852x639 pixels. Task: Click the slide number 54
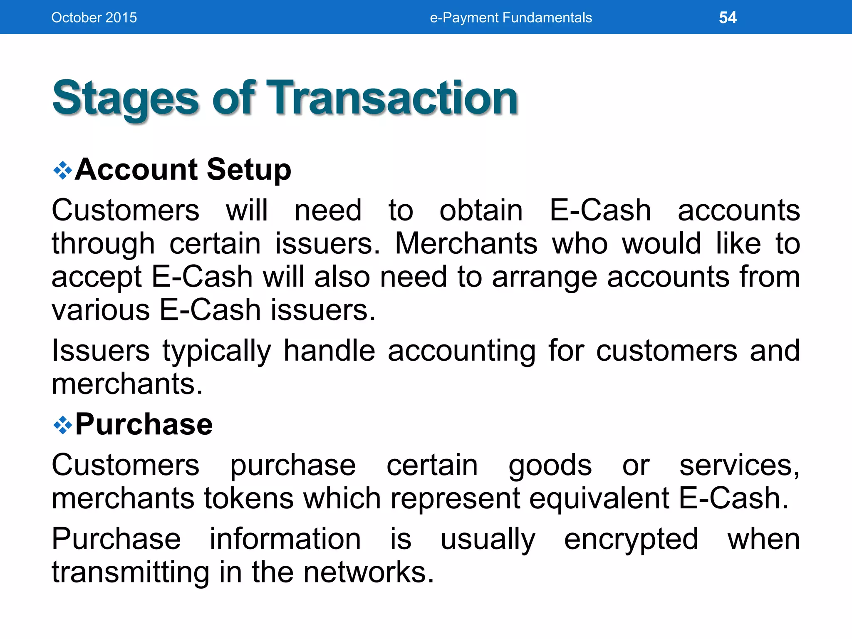coord(728,17)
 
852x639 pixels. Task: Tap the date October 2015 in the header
coord(94,17)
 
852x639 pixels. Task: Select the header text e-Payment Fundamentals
coord(510,17)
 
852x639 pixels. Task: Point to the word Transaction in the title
coord(392,98)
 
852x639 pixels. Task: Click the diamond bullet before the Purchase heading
coord(63,425)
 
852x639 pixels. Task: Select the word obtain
coord(481,211)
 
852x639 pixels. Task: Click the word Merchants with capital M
coord(466,243)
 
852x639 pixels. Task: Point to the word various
coord(101,310)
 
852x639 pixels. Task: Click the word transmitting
coord(130,572)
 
